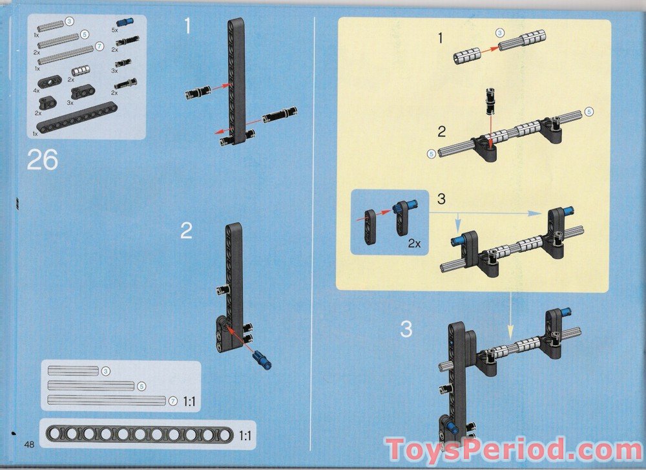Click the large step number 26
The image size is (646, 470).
[x=43, y=160]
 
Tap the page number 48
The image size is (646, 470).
[x=29, y=444]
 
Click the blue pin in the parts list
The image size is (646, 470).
[x=123, y=22]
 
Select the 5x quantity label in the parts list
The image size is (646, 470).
[x=114, y=30]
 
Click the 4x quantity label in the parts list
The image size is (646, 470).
[x=36, y=91]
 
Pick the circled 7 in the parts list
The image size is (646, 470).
[x=99, y=47]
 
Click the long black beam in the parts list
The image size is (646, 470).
[x=77, y=119]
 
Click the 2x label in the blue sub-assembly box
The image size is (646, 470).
[x=415, y=243]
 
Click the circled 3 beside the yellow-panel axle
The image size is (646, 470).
[x=500, y=32]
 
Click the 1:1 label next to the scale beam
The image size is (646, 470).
[x=245, y=435]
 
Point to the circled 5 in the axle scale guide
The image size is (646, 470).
[x=141, y=387]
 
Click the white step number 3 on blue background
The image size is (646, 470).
[x=406, y=330]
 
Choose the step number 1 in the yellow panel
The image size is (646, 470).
[x=441, y=38]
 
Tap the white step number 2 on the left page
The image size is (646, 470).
[x=186, y=231]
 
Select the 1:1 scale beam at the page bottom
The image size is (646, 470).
[x=140, y=434]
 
